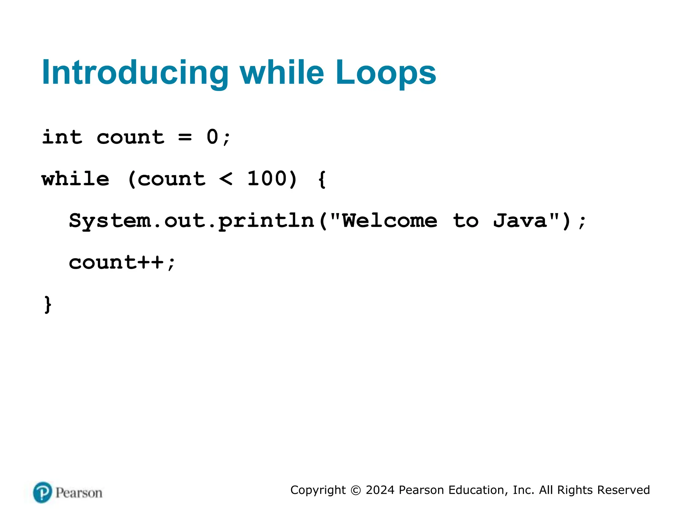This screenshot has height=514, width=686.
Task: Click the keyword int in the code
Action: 62,137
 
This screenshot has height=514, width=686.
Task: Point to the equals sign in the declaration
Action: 185,138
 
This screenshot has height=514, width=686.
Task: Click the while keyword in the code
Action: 75,179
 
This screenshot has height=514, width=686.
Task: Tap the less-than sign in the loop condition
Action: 226,179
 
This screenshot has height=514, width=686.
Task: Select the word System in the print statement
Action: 110,221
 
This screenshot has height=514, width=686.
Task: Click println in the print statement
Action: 266,221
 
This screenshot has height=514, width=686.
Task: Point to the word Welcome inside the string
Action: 390,221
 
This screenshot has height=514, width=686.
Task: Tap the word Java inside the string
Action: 520,221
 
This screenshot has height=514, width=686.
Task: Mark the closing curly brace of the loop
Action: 48,305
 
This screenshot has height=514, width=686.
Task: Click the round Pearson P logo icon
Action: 43,492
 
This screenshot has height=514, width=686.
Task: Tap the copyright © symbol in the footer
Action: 356,490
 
